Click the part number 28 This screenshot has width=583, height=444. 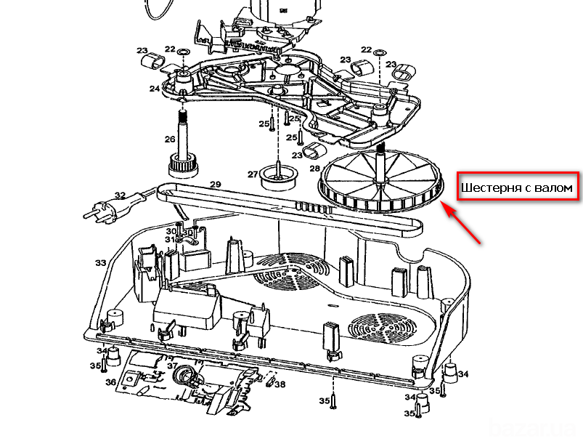tap(314, 169)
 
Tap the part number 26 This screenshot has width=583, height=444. tap(170, 140)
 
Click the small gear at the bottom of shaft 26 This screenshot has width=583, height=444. tap(182, 166)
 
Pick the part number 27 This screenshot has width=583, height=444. tap(252, 174)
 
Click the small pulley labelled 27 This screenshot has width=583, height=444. tap(277, 176)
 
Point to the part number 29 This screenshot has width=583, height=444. tap(215, 185)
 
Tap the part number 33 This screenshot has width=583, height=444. tap(100, 262)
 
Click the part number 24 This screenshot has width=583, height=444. tap(155, 89)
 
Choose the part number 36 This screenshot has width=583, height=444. tap(110, 382)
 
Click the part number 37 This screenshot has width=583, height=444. tap(172, 366)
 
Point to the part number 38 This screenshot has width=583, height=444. tap(280, 384)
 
